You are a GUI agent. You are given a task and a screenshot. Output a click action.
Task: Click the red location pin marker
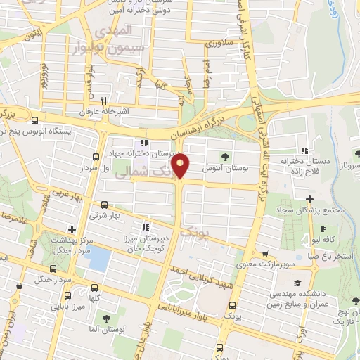click(x=182, y=165)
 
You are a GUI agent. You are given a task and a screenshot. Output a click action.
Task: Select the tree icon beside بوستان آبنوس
click(x=224, y=156)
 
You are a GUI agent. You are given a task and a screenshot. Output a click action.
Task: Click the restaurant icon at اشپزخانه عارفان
click(x=103, y=101)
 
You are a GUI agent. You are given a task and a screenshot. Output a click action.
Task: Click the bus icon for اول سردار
click(x=96, y=157)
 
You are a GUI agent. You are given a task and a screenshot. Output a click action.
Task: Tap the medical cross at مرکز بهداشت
click(x=72, y=229)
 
